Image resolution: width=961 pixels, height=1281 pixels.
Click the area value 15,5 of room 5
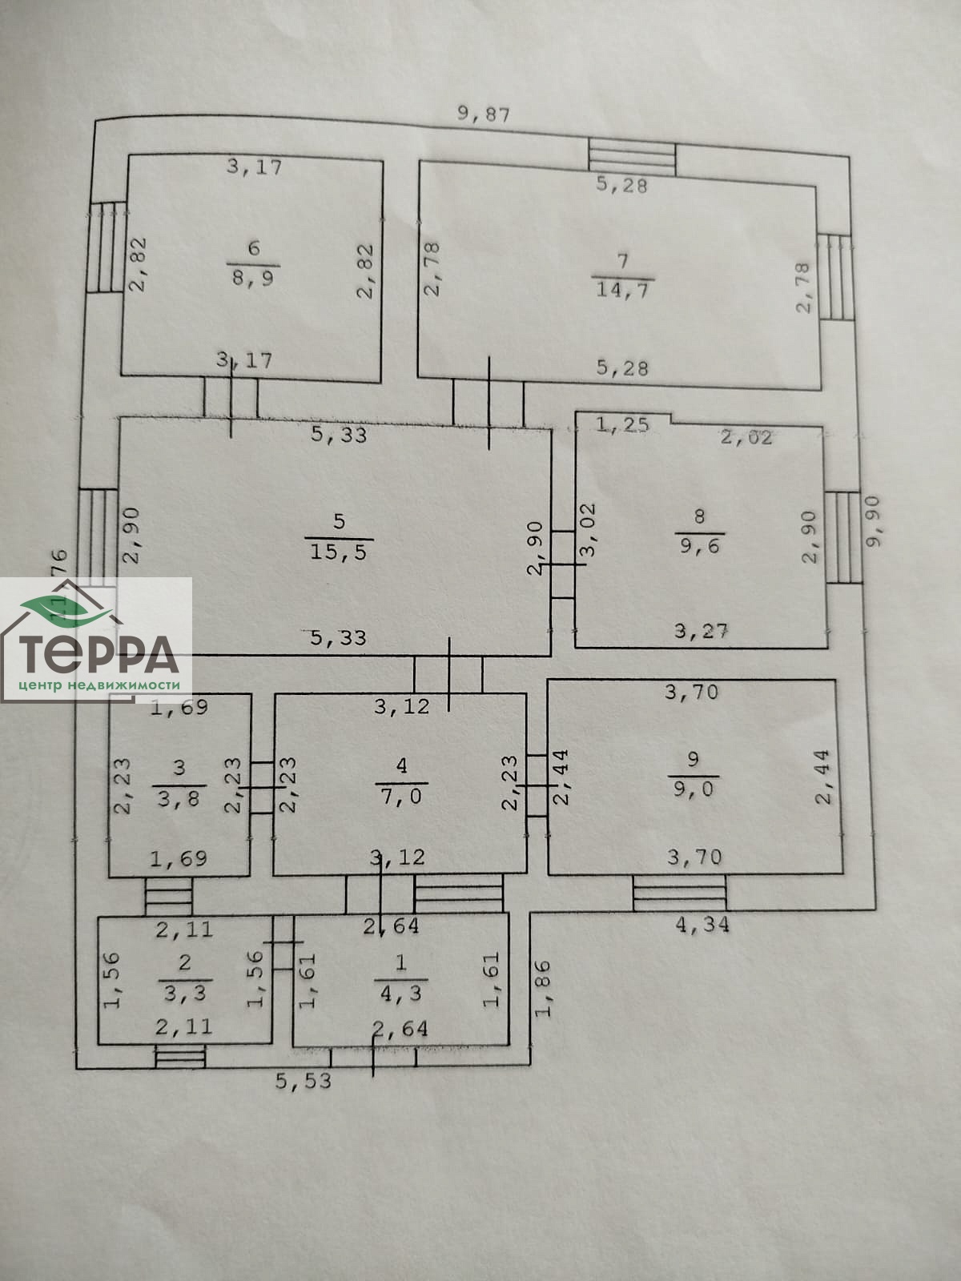[340, 552]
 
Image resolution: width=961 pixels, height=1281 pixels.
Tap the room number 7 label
[623, 260]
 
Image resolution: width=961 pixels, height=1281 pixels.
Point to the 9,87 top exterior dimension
[483, 113]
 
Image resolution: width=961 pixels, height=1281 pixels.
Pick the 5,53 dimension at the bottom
[303, 1081]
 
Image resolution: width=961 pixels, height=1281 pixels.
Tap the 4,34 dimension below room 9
[703, 925]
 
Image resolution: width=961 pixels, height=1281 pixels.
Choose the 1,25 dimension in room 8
[622, 425]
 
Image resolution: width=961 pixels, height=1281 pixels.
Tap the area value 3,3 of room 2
[185, 993]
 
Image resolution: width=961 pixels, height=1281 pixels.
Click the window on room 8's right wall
[841, 536]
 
